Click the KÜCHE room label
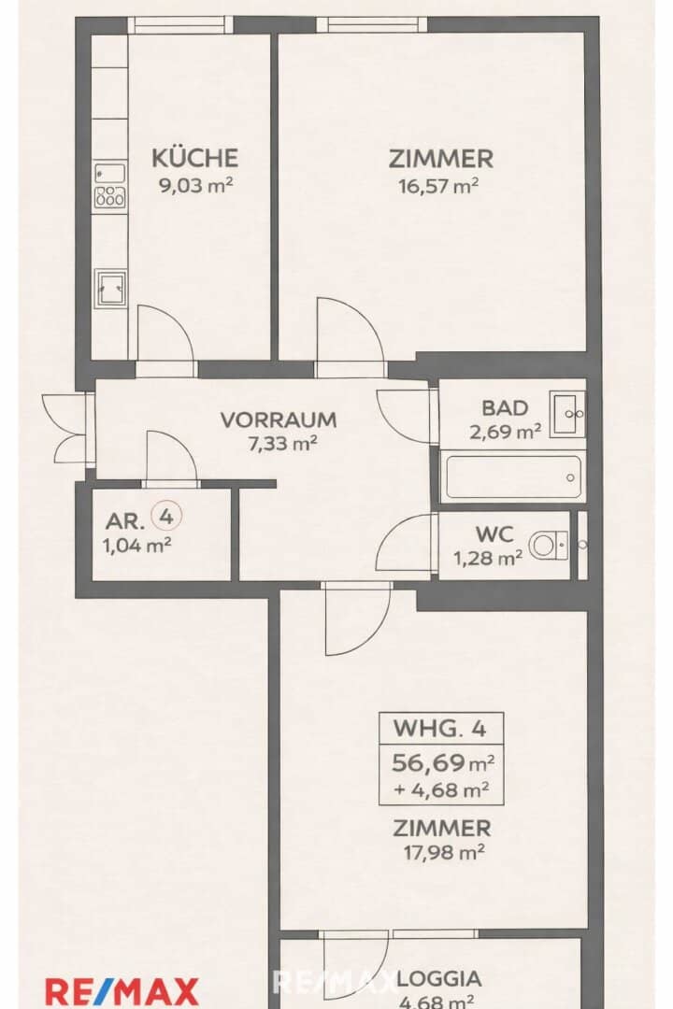[195, 158]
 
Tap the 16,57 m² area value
[439, 185]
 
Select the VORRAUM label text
[278, 419]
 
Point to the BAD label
[505, 407]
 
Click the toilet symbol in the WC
[548, 545]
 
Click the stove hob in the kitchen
[110, 197]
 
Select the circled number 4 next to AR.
[166, 514]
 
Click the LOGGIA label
[439, 979]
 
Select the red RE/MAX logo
[122, 990]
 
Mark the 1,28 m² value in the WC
[487, 559]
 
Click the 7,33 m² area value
[279, 443]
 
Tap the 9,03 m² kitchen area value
[195, 185]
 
